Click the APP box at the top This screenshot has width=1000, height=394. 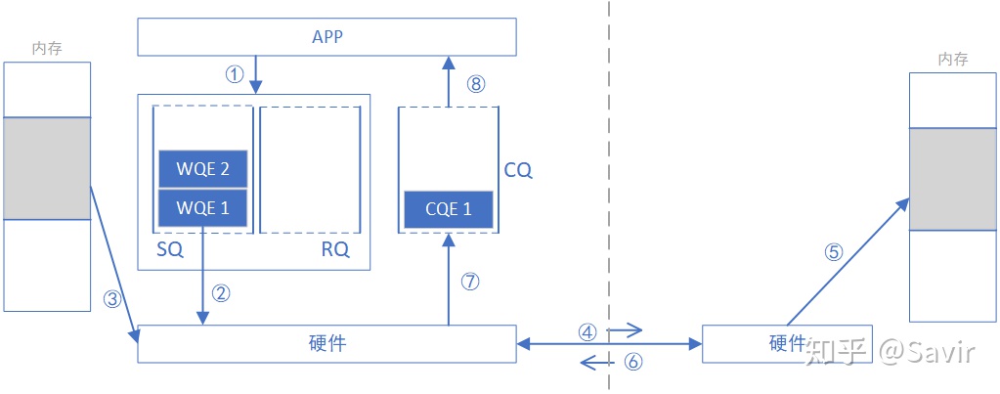point(326,37)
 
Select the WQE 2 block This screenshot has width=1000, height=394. point(202,169)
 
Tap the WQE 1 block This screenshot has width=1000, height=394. point(202,207)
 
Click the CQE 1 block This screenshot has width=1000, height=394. point(448,208)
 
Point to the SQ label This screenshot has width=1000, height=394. point(169,250)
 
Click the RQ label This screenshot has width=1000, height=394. point(334,250)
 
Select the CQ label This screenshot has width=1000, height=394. point(518,170)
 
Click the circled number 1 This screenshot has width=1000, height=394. point(233,75)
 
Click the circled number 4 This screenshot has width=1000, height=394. point(587,331)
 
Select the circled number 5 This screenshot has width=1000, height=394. point(833,251)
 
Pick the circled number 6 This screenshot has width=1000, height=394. point(633,362)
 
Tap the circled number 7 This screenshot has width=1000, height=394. point(470,282)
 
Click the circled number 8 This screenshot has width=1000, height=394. point(476,84)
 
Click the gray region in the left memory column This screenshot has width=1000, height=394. point(47,168)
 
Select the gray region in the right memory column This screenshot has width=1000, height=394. point(953,179)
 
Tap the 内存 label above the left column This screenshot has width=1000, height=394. point(48,48)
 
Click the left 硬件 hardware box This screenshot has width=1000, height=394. point(326,343)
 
